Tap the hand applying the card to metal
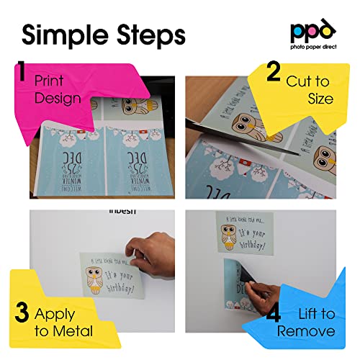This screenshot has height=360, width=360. (155, 252)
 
